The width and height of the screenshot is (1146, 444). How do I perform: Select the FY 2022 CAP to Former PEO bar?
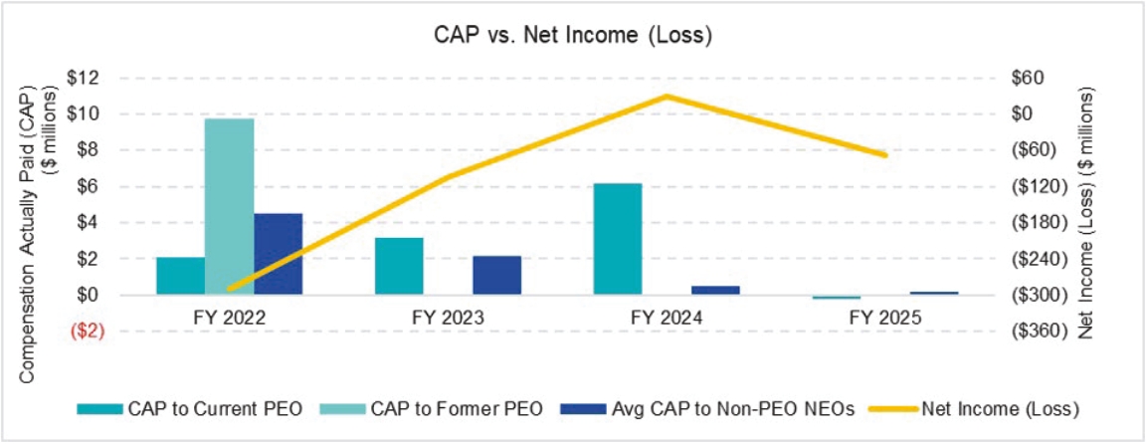(229, 206)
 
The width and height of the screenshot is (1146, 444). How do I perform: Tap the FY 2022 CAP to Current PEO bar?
(180, 276)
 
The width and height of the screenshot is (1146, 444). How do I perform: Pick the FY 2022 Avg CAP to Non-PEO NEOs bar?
(278, 254)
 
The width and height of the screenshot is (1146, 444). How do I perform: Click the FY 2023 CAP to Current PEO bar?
(399, 266)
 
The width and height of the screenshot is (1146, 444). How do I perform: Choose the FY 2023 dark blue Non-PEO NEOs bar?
(496, 275)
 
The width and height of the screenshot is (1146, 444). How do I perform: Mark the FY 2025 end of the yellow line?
(884, 155)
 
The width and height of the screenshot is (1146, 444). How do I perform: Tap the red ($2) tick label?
(87, 332)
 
